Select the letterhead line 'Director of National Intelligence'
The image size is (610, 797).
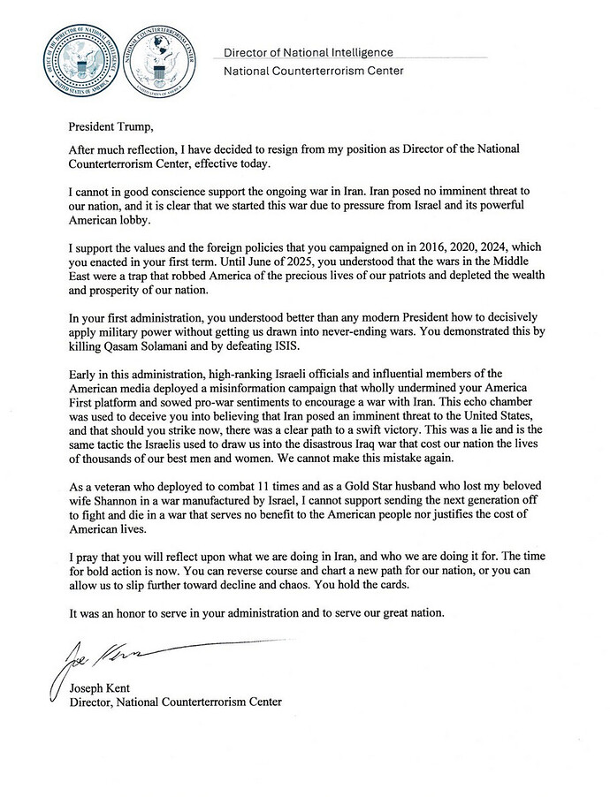tap(309, 53)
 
